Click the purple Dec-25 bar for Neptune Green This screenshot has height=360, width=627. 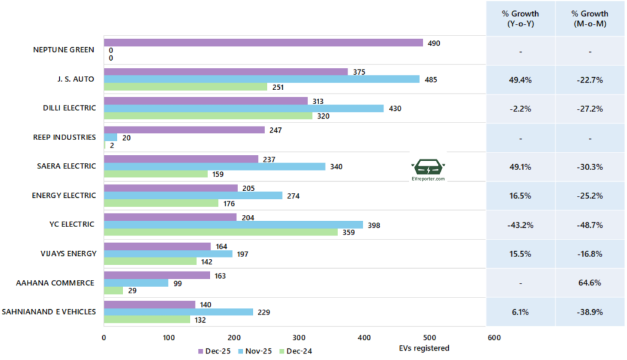click(263, 43)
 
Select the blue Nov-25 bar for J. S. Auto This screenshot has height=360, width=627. click(261, 79)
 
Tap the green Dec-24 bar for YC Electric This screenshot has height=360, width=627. click(220, 232)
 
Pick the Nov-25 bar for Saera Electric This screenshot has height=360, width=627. click(214, 167)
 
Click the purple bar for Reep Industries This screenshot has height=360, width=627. click(184, 130)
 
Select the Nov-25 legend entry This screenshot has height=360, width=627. click(257, 351)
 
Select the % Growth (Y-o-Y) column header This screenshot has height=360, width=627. click(520, 18)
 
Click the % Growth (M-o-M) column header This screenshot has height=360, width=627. click(590, 18)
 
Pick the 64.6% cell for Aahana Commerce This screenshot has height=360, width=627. click(590, 283)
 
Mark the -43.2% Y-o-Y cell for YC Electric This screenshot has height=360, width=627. click(520, 225)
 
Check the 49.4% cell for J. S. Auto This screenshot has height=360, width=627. click(520, 80)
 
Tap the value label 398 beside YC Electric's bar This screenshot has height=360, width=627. click(373, 225)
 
